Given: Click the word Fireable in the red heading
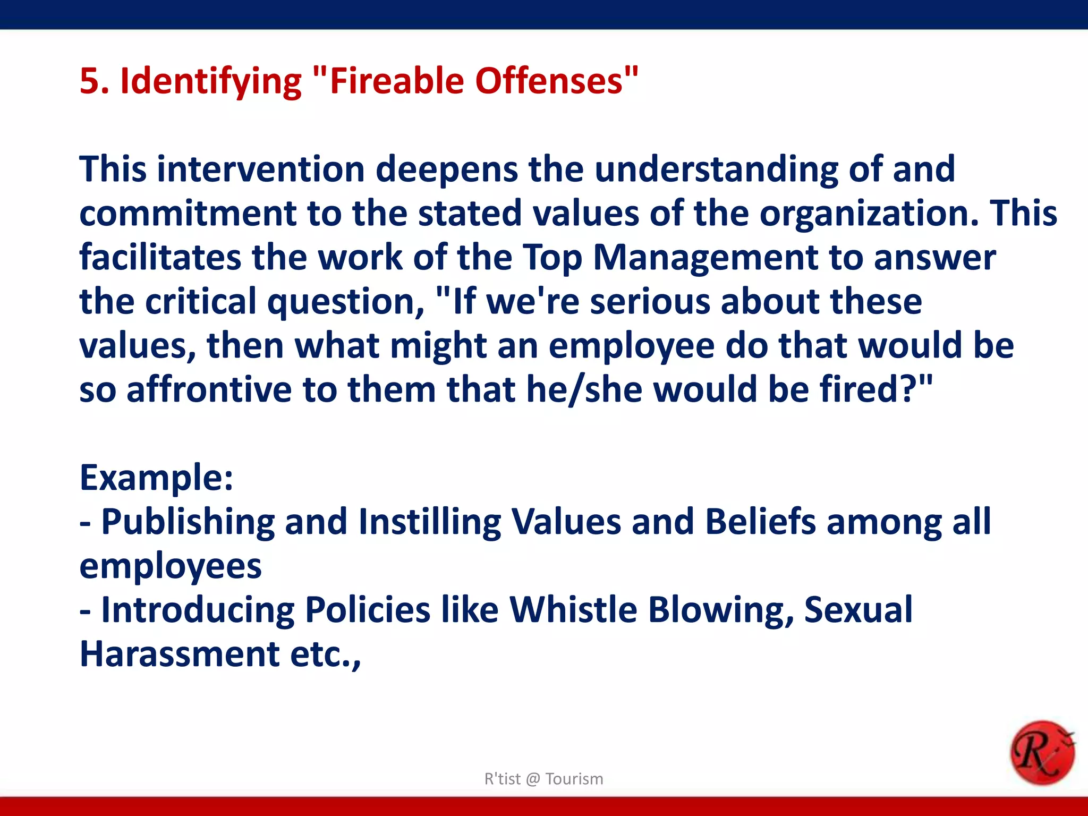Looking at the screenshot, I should [x=395, y=81].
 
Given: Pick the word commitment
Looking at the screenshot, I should [x=187, y=214].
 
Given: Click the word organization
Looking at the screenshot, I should [x=868, y=214].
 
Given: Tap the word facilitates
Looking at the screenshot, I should [x=160, y=257].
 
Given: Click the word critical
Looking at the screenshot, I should [x=201, y=301].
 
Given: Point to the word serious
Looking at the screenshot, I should [x=650, y=301].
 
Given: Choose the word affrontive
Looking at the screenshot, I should [x=209, y=389].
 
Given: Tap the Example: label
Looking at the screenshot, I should [x=156, y=478].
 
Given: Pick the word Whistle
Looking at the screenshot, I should [x=573, y=609].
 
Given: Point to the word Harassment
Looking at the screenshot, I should [x=179, y=653].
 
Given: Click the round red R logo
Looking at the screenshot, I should [x=1042, y=752].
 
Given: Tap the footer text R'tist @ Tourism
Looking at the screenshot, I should [x=543, y=779].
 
